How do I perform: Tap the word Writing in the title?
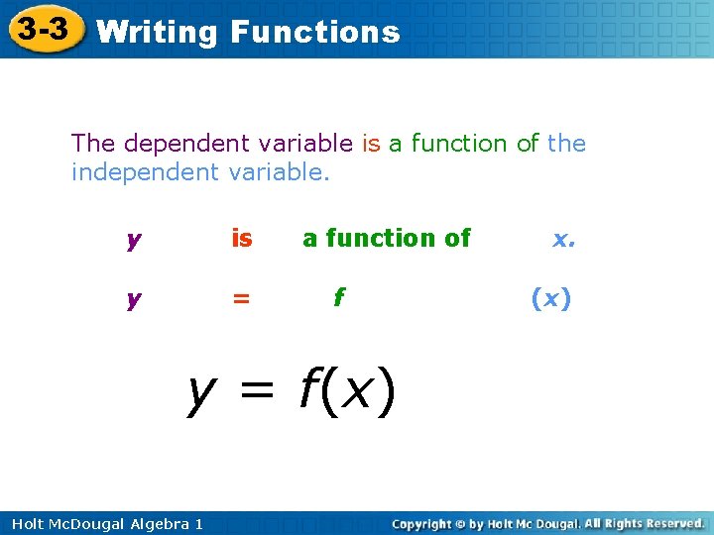point(157,32)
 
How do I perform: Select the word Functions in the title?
point(314,32)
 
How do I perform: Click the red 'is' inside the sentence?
point(371,144)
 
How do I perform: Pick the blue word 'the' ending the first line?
point(566,144)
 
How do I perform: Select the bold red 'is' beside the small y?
point(241,238)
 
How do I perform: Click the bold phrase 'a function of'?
point(387,238)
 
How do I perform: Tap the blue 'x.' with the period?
point(564,239)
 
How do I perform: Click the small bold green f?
point(339,296)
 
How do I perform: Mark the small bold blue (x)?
point(551,298)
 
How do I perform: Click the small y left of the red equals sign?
point(132,300)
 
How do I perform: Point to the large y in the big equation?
point(202,393)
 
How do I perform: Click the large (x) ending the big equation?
point(361,392)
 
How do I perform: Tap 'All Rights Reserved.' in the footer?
point(644,523)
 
